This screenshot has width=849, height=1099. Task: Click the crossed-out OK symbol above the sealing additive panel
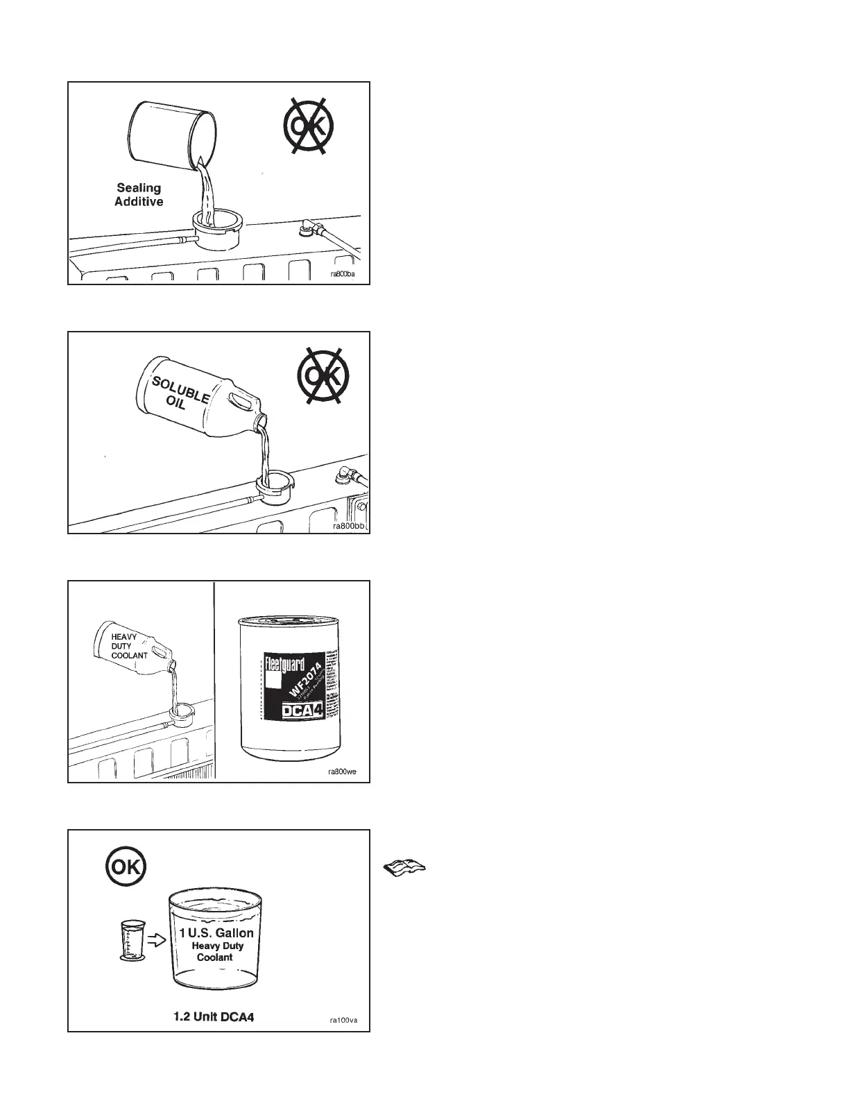pyautogui.click(x=309, y=125)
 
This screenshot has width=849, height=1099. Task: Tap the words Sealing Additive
pyautogui.click(x=139, y=195)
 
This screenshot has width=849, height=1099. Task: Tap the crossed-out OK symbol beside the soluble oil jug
pyautogui.click(x=323, y=375)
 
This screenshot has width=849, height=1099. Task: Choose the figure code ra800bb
pyautogui.click(x=348, y=525)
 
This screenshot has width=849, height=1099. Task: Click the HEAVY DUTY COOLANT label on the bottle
pyautogui.click(x=130, y=646)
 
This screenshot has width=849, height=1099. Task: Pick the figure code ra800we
pyautogui.click(x=342, y=772)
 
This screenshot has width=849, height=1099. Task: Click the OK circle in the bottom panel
pyautogui.click(x=126, y=867)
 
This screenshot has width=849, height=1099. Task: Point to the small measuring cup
pyautogui.click(x=132, y=941)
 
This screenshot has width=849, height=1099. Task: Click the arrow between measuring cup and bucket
pyautogui.click(x=157, y=940)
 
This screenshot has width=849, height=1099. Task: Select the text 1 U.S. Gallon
pyautogui.click(x=216, y=932)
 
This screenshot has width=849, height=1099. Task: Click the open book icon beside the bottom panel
pyautogui.click(x=406, y=866)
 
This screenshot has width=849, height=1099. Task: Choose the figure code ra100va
pyautogui.click(x=343, y=1020)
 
